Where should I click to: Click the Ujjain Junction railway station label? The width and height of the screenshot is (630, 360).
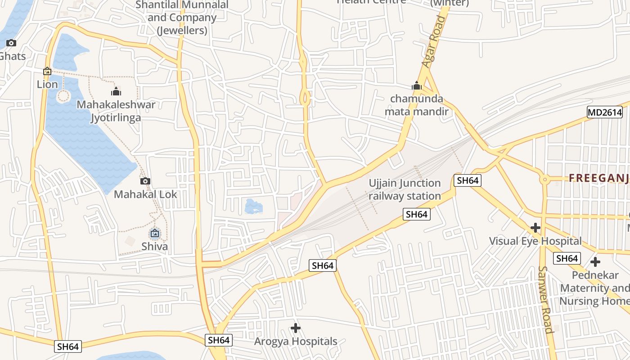[x=405, y=189]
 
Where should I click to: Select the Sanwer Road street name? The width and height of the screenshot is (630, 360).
[x=545, y=299]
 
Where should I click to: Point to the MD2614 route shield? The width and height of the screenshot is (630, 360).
[x=604, y=112]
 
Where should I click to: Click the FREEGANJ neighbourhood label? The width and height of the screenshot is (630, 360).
[x=598, y=178]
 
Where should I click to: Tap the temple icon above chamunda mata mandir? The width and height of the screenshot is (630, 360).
[x=416, y=85]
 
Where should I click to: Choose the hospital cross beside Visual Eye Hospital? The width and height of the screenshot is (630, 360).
[x=535, y=228]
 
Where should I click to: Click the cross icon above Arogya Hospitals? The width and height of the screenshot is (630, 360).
[x=295, y=328]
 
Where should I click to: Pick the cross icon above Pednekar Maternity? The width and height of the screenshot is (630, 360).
[x=595, y=261]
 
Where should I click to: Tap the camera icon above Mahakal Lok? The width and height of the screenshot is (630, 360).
[x=145, y=181]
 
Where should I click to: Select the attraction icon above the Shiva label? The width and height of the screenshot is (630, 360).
[x=155, y=233]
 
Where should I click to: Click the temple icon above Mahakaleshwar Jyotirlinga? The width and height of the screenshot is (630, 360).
[x=116, y=91]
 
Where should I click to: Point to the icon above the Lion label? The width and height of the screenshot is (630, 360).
[x=47, y=71]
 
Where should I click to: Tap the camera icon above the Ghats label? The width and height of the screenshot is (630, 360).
[x=11, y=43]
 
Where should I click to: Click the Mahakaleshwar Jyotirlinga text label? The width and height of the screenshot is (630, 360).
[x=116, y=111]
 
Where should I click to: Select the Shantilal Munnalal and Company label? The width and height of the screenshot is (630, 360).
[x=182, y=18]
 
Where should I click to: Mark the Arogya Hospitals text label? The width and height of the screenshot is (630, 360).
[x=296, y=341]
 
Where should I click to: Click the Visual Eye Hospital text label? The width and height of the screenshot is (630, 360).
[x=535, y=241]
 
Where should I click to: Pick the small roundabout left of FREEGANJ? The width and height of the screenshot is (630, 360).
[x=545, y=179]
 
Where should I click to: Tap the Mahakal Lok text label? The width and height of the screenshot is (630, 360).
[x=145, y=194]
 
